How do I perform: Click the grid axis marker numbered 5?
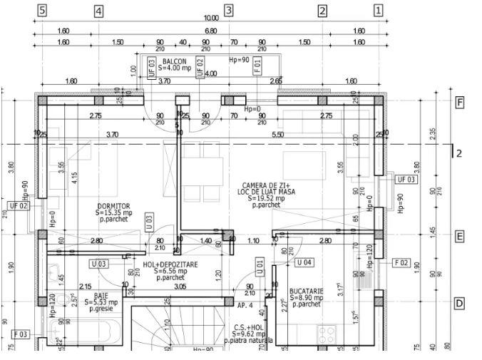pyautogui.click(x=43, y=10)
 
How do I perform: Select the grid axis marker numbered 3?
pyautogui.click(x=229, y=10)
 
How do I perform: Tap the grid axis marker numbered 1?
pyautogui.click(x=378, y=10)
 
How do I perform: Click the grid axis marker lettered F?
pyautogui.click(x=460, y=103)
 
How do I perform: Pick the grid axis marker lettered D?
pyautogui.click(x=460, y=304)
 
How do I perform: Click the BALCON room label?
pyautogui.click(x=175, y=62)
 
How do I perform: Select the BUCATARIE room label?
pyautogui.click(x=307, y=291)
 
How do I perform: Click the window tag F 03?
pyautogui.click(x=21, y=334)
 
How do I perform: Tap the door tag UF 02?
pyautogui.click(x=19, y=205)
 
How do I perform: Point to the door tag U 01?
pyautogui.click(x=260, y=268)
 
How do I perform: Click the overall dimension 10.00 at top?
pyautogui.click(x=211, y=18)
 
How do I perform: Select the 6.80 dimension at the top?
pyautogui.click(x=211, y=31)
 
